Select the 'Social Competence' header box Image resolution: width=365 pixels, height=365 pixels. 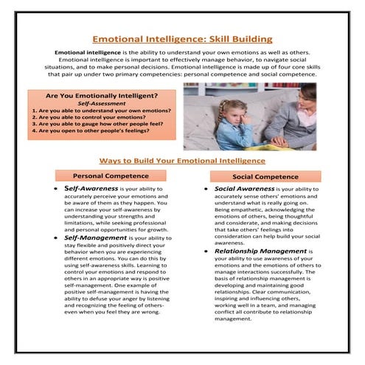tap(265, 177)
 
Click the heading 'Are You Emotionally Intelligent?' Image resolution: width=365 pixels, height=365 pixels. tap(102, 97)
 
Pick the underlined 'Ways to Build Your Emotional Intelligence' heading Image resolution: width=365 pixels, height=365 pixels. tap(182, 160)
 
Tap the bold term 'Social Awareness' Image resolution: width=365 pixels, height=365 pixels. tap(244, 189)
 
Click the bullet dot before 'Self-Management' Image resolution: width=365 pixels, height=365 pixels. tap(58, 239)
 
